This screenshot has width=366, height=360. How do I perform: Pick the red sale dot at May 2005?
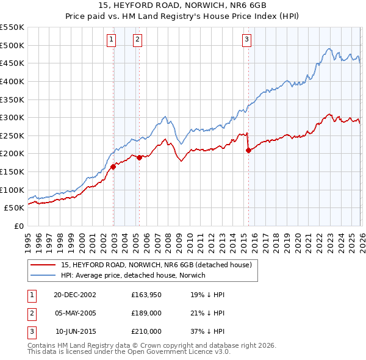pyautogui.click(x=139, y=157)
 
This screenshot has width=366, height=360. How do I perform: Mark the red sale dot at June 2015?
pyautogui.click(x=248, y=150)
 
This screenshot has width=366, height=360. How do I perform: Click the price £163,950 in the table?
pyautogui.click(x=146, y=295)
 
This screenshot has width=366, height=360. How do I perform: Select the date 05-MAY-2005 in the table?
pyautogui.click(x=75, y=313)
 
